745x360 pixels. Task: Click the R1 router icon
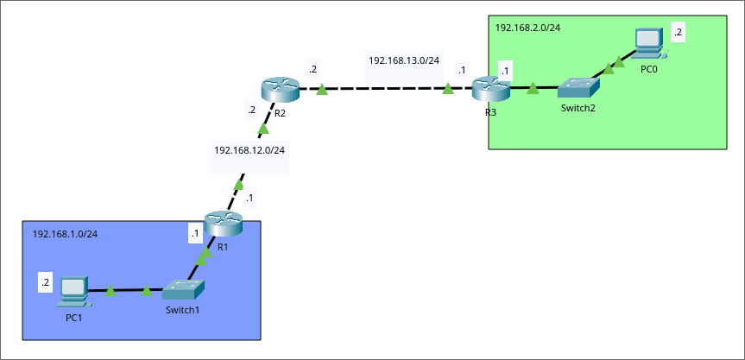pos(224,224)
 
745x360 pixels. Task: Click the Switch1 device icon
pos(185,290)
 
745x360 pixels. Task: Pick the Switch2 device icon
pos(578,88)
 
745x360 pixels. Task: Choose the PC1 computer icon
pos(73,292)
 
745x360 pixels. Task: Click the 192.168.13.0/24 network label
pos(404,60)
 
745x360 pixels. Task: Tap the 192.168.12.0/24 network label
pos(249,150)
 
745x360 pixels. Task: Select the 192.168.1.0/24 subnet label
pos(65,234)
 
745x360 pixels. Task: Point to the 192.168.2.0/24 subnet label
pos(527,28)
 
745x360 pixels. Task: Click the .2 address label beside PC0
pos(678,32)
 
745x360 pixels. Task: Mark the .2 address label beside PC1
pos(46,282)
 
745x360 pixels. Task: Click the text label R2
pos(280,113)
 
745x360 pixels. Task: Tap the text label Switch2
pos(578,108)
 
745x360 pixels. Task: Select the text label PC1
pos(74,317)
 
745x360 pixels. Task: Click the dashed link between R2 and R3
pos(384,88)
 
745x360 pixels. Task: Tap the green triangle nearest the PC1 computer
pos(110,292)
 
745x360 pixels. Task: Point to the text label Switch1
pos(182,310)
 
